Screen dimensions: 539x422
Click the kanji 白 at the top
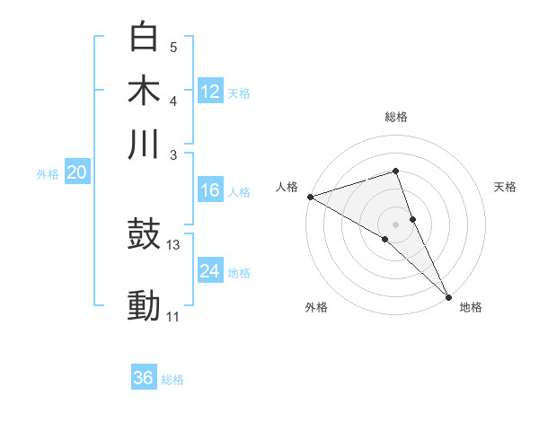click(x=145, y=38)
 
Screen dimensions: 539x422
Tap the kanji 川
click(x=145, y=144)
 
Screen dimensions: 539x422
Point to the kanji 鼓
click(x=145, y=234)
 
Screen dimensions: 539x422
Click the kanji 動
click(x=145, y=306)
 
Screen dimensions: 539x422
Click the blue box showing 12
click(x=210, y=92)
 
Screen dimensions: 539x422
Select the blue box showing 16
click(x=210, y=190)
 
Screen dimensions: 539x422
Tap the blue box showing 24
click(x=210, y=271)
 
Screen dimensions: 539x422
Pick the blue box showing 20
click(x=77, y=173)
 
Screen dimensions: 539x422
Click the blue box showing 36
click(x=144, y=378)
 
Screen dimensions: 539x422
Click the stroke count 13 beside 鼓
click(x=173, y=244)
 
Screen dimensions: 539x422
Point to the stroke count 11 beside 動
click(x=173, y=316)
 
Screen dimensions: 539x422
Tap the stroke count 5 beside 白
click(x=173, y=47)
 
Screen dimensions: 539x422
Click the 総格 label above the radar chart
click(x=395, y=117)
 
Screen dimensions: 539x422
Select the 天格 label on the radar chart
click(x=505, y=187)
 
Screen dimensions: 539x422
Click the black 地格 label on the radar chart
click(x=471, y=307)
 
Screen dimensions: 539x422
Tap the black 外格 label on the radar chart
click(x=316, y=307)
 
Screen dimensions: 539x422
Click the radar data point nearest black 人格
click(x=310, y=197)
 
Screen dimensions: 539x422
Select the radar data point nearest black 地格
click(x=448, y=295)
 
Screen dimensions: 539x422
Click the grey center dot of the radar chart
click(x=395, y=224)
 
